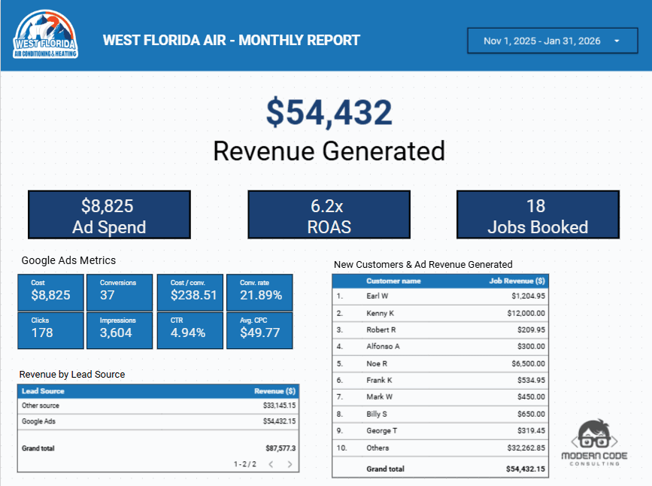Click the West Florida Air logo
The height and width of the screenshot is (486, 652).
(x=44, y=35)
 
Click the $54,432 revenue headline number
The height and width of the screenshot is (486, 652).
(x=329, y=113)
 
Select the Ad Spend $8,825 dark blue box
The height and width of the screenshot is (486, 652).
(x=109, y=215)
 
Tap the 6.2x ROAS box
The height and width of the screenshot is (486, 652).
(x=329, y=215)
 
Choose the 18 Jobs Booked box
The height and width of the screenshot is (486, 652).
(x=537, y=215)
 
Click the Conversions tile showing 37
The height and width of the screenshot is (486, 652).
(x=120, y=291)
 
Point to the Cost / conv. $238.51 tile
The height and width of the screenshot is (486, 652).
(x=190, y=291)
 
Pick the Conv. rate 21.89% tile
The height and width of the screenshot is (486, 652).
(x=259, y=291)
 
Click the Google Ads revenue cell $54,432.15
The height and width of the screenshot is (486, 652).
(x=279, y=421)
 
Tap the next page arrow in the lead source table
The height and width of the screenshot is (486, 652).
(x=290, y=464)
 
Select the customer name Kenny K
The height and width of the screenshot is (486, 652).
(x=381, y=313)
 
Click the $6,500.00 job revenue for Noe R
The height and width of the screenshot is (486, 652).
(x=526, y=363)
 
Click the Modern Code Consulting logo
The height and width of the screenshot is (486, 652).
(x=599, y=442)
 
